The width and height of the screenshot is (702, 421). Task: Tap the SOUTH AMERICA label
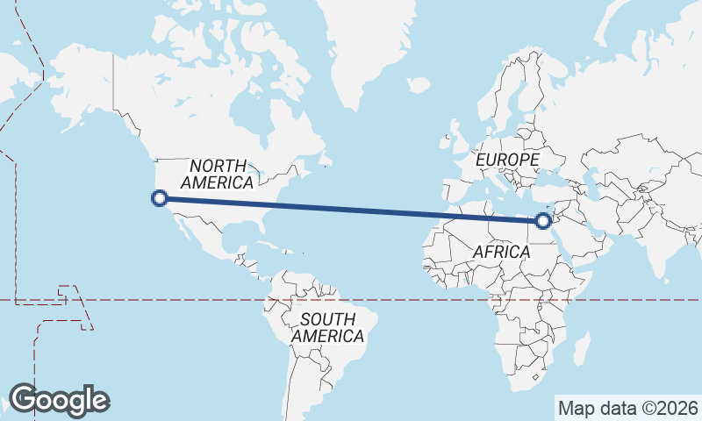[x=327, y=327]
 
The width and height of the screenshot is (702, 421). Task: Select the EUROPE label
[x=507, y=161]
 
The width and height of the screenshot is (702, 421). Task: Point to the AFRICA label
[x=501, y=252]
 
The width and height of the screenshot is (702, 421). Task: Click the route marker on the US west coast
[x=160, y=198]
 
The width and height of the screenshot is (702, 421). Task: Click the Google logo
[x=59, y=400]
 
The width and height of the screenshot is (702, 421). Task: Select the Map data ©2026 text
[x=627, y=408]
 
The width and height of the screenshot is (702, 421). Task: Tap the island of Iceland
[x=418, y=86]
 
